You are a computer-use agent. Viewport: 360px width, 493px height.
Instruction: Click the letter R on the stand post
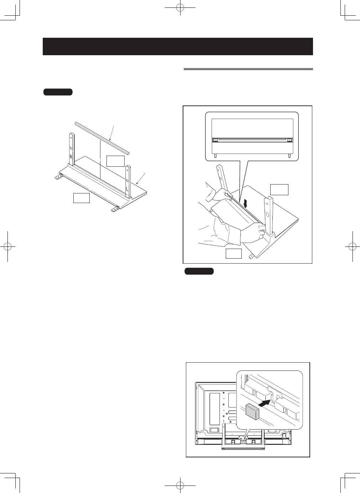pos(71,156)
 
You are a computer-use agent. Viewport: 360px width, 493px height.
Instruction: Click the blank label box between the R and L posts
pos(116,161)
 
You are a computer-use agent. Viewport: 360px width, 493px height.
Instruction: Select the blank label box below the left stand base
pos(81,198)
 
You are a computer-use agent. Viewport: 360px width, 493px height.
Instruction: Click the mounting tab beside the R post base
pos(59,176)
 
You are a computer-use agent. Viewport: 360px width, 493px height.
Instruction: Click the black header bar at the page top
pos(178,46)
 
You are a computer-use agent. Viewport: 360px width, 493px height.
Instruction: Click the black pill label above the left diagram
pos(58,92)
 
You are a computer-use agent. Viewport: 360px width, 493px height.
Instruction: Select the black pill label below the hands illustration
pos(199,271)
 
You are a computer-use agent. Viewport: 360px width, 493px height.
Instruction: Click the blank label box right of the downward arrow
pos(279,190)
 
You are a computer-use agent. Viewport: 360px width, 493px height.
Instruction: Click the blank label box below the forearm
pos(234,253)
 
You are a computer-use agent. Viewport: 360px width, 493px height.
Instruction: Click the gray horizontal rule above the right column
pos(248,69)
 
